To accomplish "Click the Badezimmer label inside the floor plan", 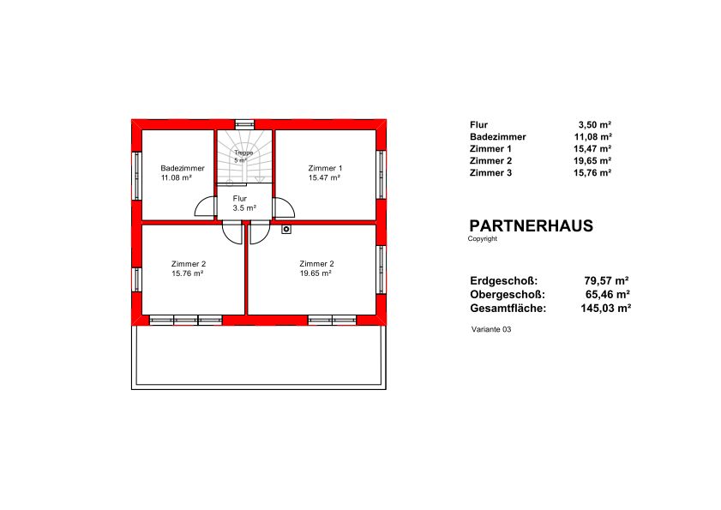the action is (x=183, y=168).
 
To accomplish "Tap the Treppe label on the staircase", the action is (x=243, y=153).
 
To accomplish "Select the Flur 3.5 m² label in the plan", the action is (x=244, y=203).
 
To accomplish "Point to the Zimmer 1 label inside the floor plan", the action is (x=325, y=168).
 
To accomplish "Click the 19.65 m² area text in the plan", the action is (x=315, y=273).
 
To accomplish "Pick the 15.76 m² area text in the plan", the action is (x=188, y=273).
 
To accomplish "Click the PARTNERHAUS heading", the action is (x=531, y=225).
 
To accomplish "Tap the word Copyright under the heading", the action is (x=483, y=238).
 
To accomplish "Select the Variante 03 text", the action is (x=491, y=329).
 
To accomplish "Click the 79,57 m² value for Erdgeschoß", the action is (x=606, y=280).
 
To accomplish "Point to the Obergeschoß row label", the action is (x=508, y=294).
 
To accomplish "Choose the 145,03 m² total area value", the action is (x=605, y=308).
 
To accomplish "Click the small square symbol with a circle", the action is (x=286, y=229).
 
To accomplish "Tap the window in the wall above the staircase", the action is (x=244, y=124).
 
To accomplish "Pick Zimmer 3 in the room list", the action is (x=490, y=173).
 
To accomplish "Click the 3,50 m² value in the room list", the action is (x=595, y=124).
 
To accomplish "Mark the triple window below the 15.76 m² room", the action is (x=186, y=320).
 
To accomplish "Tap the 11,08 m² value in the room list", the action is (x=592, y=136).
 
